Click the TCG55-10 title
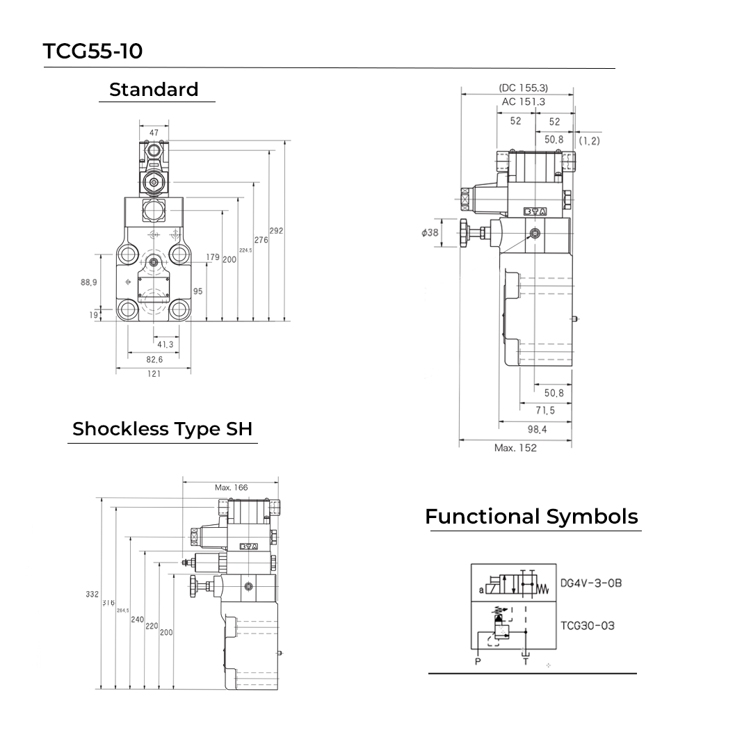pos(92,51)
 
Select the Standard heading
pos(154,89)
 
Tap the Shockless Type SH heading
pos(162,428)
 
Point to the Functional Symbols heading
pos(531,517)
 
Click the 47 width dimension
pos(154,132)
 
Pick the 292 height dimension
pos(276,231)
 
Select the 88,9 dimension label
pos(88,282)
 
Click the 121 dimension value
pos(154,374)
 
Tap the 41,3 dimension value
pos(165,344)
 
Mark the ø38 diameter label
pos(430,232)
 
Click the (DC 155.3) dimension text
pos(524,88)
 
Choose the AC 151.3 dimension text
pos(524,102)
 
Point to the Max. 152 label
pos(515,448)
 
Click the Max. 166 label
pos(231,487)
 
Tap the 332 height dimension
pos(92,595)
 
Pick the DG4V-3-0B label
pos(591,583)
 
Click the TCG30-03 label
pos(588,625)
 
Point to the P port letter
pos(478,661)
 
